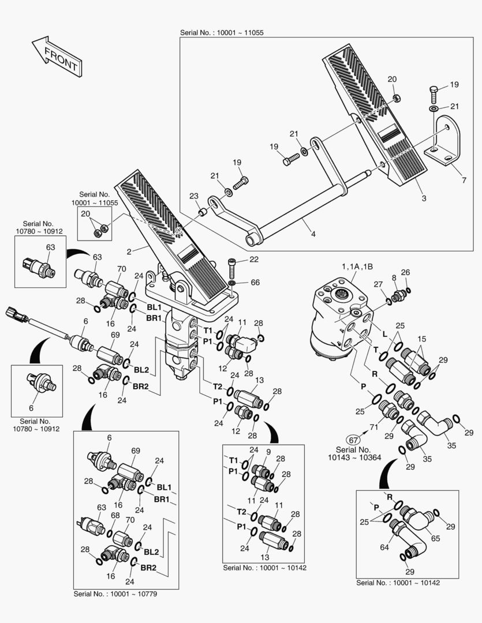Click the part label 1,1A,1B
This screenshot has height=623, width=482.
pos(357,266)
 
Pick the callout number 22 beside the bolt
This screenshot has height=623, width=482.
pos(253,260)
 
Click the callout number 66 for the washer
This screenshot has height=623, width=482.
pos(255,282)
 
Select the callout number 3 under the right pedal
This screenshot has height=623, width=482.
pos(424,198)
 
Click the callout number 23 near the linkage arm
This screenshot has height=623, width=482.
pos(193,196)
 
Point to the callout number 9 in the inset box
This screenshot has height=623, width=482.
pos(268,451)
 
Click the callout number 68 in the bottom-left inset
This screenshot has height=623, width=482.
pos(115,515)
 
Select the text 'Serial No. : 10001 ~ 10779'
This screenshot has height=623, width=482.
pos(115,594)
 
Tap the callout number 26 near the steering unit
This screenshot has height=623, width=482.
pos(405,272)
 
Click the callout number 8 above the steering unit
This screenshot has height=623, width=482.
pos(394,277)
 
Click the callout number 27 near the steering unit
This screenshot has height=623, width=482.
pos(378,284)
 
